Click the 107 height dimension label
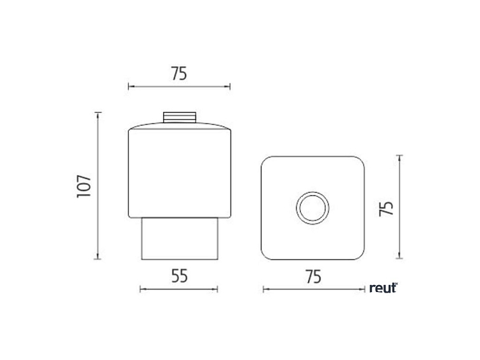point(84,186)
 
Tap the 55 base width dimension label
point(180,276)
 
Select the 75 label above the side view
point(179,74)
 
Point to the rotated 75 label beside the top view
point(386,208)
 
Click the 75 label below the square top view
point(314,277)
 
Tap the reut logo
point(383,288)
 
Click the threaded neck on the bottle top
point(180,117)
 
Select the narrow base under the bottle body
point(180,239)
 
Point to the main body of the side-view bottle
point(180,173)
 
